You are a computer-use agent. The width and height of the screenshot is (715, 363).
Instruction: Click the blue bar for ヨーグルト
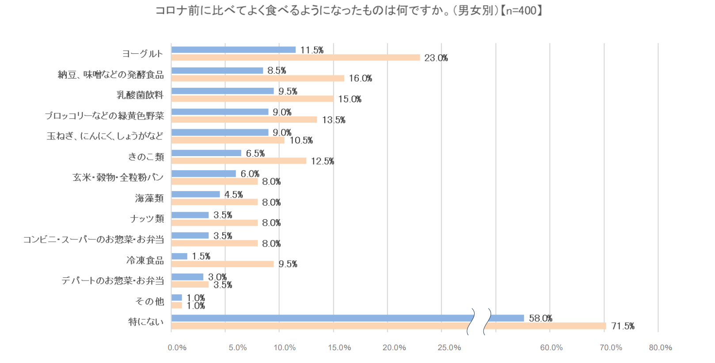point(233,50)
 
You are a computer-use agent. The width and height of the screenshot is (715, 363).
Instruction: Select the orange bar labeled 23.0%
point(295,58)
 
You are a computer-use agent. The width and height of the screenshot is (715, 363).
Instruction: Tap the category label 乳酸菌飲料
point(140,95)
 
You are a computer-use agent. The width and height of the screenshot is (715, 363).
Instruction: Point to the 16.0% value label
point(360,79)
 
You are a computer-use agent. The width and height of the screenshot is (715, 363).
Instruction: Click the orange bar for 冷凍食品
point(222,264)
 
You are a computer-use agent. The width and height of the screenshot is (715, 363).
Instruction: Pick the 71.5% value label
point(623,326)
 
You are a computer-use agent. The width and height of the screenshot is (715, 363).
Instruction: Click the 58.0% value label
point(540,318)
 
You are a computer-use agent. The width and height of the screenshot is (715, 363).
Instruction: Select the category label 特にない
point(146,322)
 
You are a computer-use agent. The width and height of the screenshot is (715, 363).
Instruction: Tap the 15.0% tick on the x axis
point(339,348)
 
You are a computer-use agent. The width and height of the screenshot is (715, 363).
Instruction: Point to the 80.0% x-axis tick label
point(660,348)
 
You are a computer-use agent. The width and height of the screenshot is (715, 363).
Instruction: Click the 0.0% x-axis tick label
point(177,348)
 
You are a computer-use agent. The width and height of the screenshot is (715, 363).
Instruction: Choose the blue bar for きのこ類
point(206,153)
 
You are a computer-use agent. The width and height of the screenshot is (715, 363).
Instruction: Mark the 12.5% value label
point(322,161)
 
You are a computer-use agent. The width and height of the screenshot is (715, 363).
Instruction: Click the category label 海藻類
point(149,198)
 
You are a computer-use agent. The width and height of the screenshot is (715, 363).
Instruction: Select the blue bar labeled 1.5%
point(179,256)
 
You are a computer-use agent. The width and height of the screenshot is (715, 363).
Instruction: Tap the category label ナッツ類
point(147,219)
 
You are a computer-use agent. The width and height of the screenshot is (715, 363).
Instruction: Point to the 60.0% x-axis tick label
point(551,348)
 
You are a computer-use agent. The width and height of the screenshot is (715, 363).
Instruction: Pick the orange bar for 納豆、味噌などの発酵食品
point(258,79)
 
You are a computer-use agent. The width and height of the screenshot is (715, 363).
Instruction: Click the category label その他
point(150,302)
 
